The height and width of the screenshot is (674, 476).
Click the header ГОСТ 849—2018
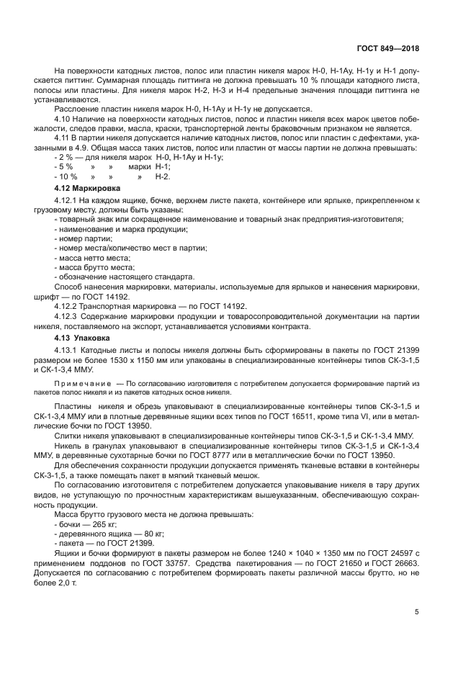point(387,49)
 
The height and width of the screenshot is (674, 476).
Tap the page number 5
point(416,612)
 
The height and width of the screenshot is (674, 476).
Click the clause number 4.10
point(64,117)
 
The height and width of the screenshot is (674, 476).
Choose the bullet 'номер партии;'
point(84,238)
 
